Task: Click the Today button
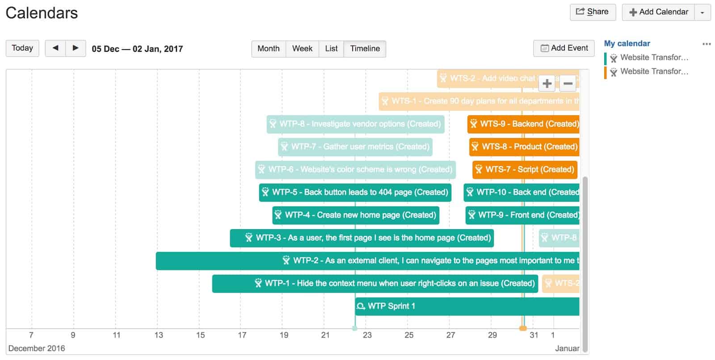click(x=22, y=48)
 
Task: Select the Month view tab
click(x=268, y=49)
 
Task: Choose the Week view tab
click(x=302, y=49)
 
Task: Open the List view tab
click(x=331, y=49)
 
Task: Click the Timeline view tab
click(x=365, y=49)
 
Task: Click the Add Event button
click(x=564, y=48)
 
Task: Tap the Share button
click(x=593, y=12)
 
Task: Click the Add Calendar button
click(x=658, y=12)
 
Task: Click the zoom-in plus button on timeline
click(x=547, y=84)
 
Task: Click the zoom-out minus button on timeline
click(x=568, y=84)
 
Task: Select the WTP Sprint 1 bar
click(x=467, y=306)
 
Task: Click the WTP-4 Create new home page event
click(x=356, y=215)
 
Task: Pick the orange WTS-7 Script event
click(x=525, y=170)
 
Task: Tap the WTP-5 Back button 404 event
click(x=355, y=193)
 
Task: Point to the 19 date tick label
click(x=284, y=335)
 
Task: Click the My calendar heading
click(x=627, y=43)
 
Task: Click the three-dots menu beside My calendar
click(x=706, y=44)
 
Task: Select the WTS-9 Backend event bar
click(x=524, y=124)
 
